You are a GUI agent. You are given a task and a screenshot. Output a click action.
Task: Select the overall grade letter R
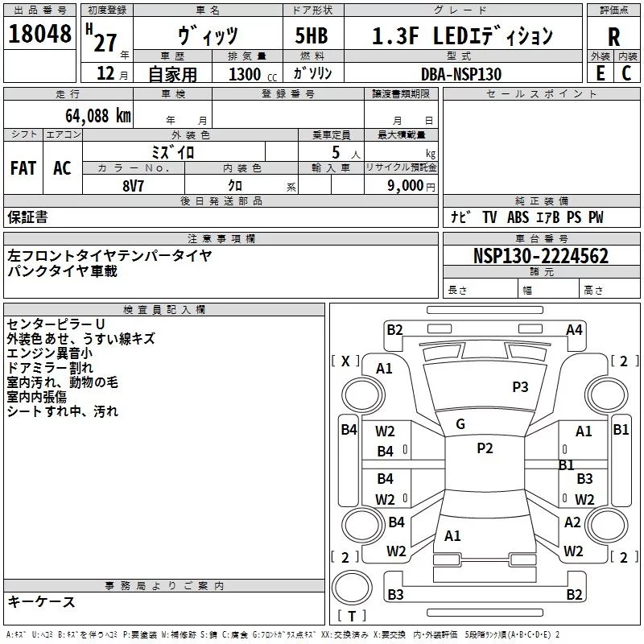click(613, 37)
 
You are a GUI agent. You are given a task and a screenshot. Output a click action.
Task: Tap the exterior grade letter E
click(599, 72)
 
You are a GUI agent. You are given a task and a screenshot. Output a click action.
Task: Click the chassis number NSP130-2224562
click(541, 257)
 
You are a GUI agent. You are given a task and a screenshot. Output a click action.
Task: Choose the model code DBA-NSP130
click(460, 73)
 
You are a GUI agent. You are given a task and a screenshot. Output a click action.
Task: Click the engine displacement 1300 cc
click(252, 73)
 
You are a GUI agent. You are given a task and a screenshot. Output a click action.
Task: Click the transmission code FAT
click(23, 168)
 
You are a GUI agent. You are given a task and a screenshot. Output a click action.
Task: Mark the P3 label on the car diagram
click(521, 387)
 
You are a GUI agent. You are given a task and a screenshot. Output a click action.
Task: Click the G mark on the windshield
click(460, 424)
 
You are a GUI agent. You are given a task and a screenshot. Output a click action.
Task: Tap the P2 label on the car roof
click(485, 448)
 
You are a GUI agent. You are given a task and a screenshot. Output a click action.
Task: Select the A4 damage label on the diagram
click(574, 329)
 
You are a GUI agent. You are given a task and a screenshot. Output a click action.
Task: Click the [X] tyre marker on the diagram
click(346, 361)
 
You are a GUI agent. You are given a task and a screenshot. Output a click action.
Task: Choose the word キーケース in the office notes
click(41, 602)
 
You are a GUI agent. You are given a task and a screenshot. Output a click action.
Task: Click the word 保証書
click(27, 217)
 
